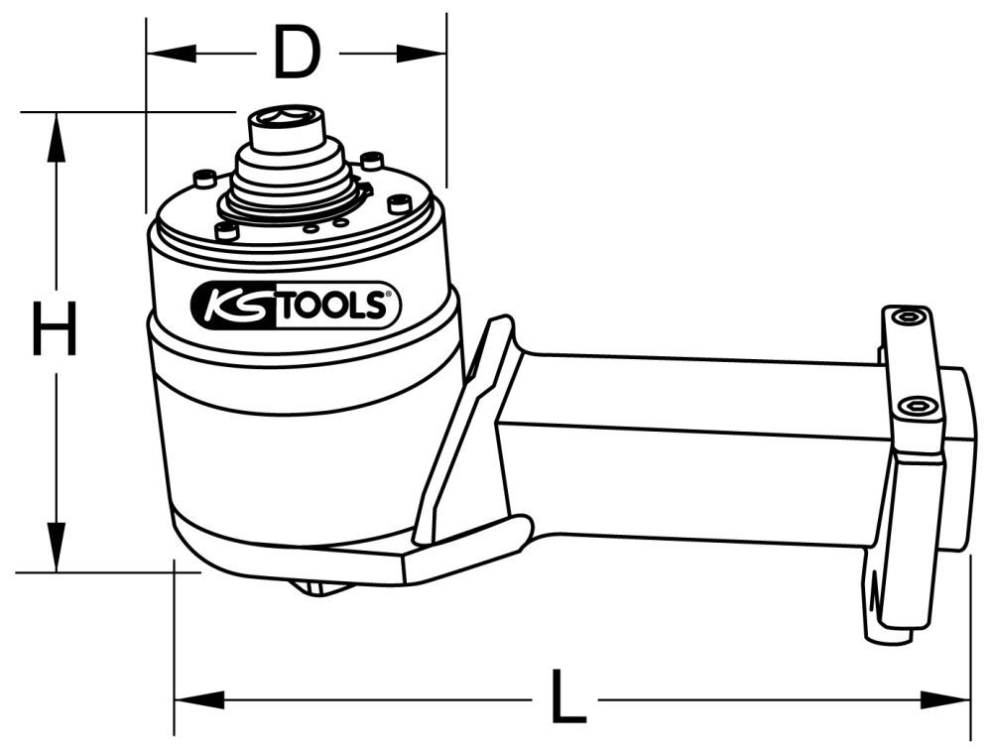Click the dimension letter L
point(565,699)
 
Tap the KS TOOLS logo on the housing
point(295,306)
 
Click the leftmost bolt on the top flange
point(205,179)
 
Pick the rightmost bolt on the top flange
point(400,203)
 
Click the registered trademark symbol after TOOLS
point(387,295)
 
